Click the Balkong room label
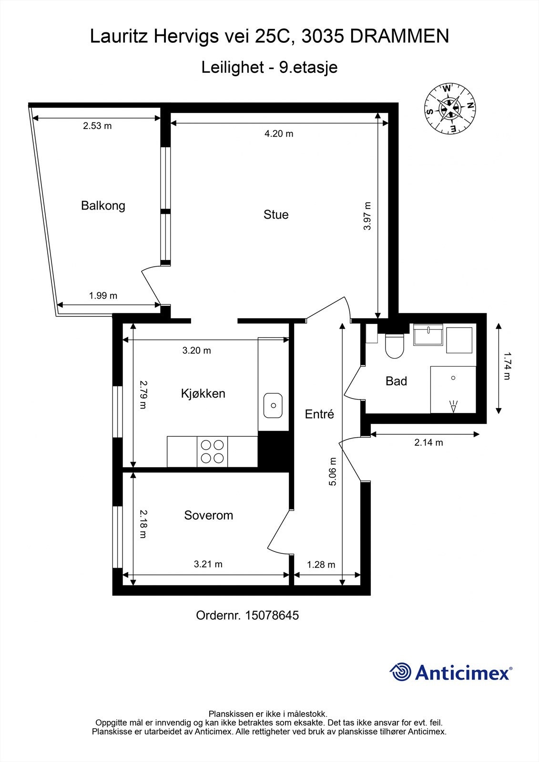coord(103,206)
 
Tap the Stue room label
coord(276,214)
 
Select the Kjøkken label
coord(203,393)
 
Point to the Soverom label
coord(208,515)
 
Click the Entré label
coord(319,414)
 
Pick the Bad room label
coord(396,381)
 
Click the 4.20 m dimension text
coord(279,133)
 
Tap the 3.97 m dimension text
coord(367,216)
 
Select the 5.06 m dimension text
coord(333,471)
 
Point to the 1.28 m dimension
coord(321,564)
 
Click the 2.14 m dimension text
coord(428,442)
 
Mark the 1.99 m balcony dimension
coord(103,295)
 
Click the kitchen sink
coord(273,405)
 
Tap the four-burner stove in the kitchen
coord(213,451)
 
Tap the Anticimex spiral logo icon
coord(400,672)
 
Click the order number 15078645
coord(272,615)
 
